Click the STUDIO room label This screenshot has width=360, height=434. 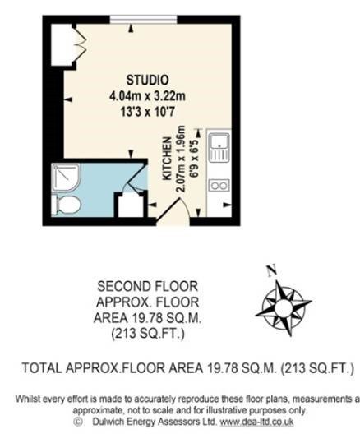147,80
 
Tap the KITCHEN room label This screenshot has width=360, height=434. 167,159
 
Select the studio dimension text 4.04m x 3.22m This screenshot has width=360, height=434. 147,96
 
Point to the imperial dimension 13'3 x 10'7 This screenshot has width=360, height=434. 147,112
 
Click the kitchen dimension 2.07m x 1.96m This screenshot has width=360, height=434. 181,159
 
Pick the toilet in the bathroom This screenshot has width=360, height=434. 67,205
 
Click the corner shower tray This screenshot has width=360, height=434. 66,178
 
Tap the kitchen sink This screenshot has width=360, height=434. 219,147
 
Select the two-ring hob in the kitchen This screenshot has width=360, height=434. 219,185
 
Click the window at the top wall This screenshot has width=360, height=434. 143,19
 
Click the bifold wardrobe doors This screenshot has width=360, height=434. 81,44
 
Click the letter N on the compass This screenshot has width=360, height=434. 271,270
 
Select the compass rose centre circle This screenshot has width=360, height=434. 283,307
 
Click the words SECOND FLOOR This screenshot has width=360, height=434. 147,286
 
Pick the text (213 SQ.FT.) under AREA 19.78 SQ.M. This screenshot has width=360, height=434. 147,334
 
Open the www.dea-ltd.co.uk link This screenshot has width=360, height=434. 256,422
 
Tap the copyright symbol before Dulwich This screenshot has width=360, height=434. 78,422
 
